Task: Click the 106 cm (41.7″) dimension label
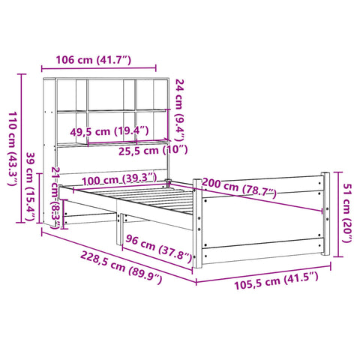93,60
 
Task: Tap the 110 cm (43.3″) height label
13,148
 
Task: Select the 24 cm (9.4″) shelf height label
180,110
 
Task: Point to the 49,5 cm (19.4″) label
109,131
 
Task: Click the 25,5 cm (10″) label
153,151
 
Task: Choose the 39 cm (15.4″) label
29,187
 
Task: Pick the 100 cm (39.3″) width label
119,179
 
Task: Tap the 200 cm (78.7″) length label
239,187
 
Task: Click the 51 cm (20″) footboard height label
347,213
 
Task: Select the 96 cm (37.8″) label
158,248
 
